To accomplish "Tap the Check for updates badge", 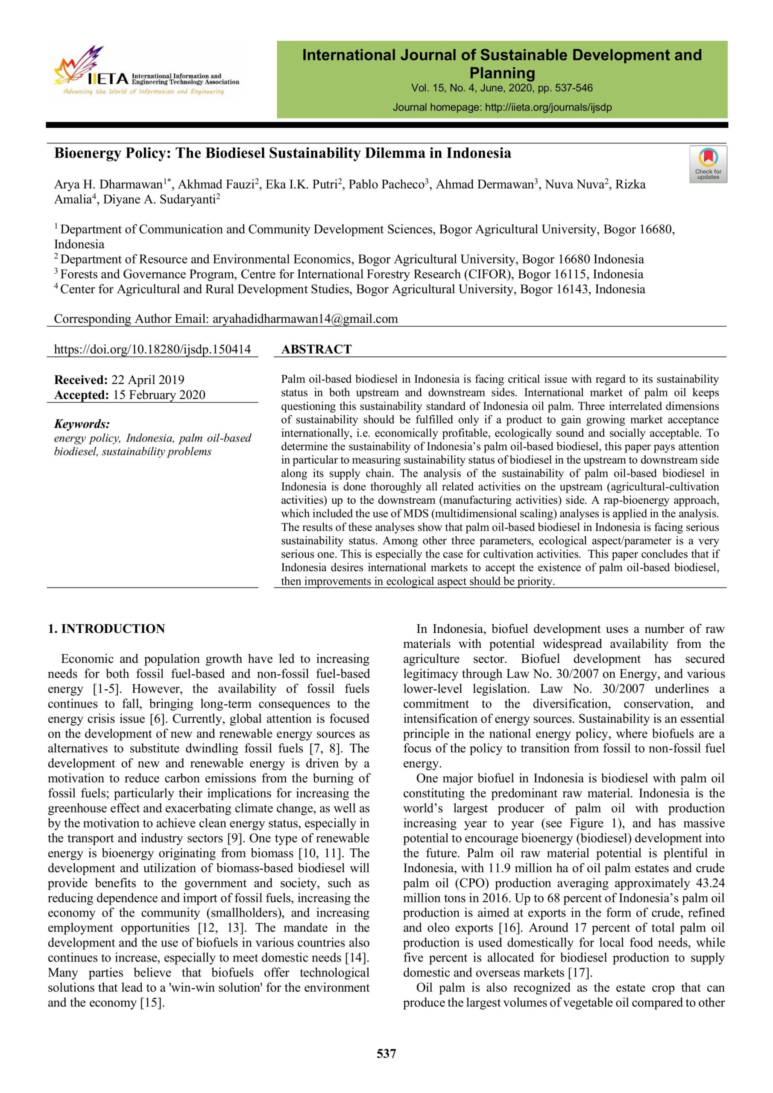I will (x=708, y=164).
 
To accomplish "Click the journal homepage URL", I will (x=548, y=108).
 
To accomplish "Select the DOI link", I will (x=152, y=349).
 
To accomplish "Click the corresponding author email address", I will (x=305, y=319).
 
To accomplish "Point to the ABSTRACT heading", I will (x=316, y=349).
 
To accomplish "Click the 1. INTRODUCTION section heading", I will (x=106, y=629).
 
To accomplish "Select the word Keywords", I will (x=82, y=424).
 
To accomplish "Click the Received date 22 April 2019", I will (x=148, y=380).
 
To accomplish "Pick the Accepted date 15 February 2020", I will (x=159, y=395).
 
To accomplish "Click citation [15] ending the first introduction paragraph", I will (x=152, y=1002).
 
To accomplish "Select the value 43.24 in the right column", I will (x=710, y=883).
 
